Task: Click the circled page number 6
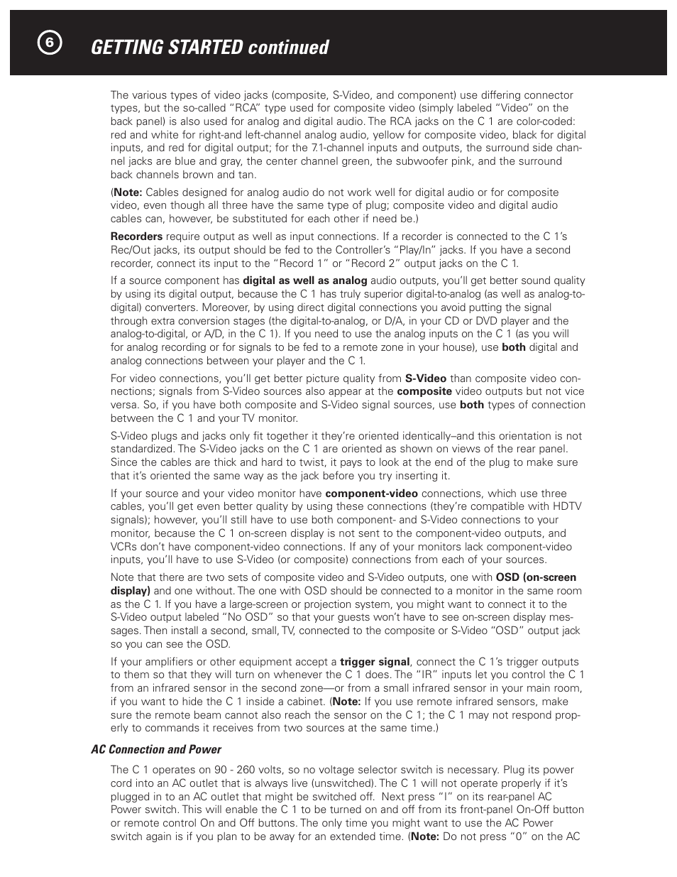(49, 43)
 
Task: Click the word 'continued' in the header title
(287, 48)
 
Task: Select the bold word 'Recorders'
(136, 236)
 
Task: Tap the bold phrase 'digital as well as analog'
(305, 280)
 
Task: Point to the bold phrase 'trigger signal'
(375, 662)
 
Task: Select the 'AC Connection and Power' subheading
(156, 750)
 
